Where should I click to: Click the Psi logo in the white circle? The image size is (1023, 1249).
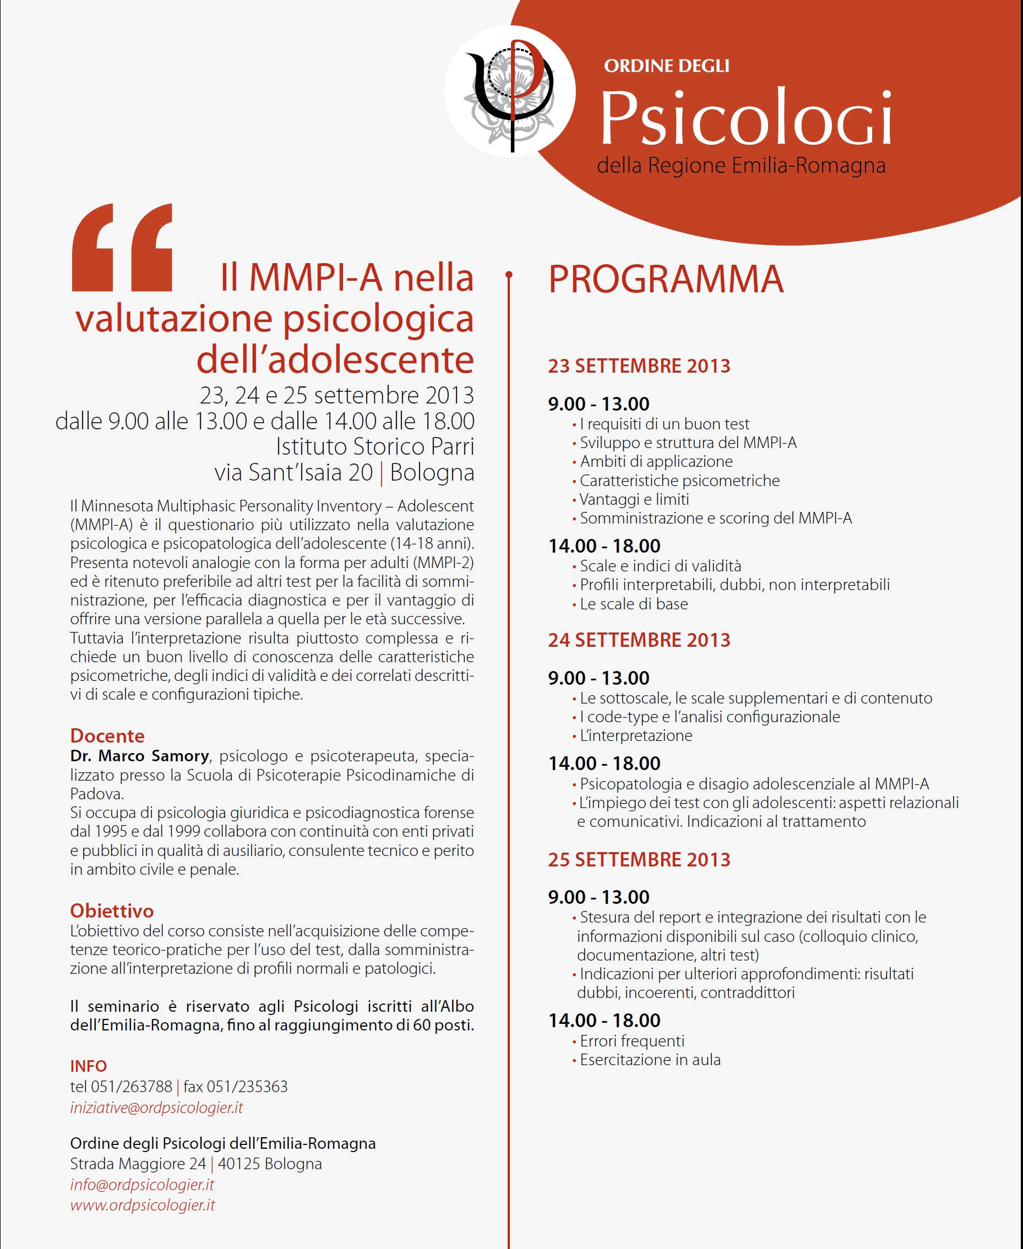click(x=510, y=92)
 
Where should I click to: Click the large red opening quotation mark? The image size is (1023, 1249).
click(x=122, y=248)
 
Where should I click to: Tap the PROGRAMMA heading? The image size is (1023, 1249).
click(x=666, y=279)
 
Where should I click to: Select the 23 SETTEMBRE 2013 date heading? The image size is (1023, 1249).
click(x=639, y=366)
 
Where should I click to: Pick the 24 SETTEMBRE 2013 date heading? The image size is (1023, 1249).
click(x=639, y=640)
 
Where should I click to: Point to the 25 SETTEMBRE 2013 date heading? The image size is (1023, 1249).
click(x=639, y=860)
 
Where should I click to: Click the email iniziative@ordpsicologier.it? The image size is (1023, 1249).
click(x=156, y=1108)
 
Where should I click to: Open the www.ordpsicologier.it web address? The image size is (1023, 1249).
click(x=142, y=1206)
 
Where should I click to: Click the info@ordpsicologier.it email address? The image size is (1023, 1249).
click(x=142, y=1185)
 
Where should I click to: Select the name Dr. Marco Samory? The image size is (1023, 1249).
click(x=140, y=756)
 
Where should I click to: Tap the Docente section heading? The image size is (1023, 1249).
click(x=107, y=736)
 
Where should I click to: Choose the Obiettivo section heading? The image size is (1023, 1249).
click(x=111, y=911)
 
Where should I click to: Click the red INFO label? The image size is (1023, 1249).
click(x=89, y=1066)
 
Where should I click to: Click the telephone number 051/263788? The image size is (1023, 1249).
click(x=131, y=1087)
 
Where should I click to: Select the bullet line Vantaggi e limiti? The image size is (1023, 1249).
click(x=634, y=500)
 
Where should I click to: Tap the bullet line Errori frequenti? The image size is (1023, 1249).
click(x=632, y=1041)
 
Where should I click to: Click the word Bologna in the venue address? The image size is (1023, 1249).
click(x=432, y=472)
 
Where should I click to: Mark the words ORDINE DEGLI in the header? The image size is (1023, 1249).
click(x=666, y=66)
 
